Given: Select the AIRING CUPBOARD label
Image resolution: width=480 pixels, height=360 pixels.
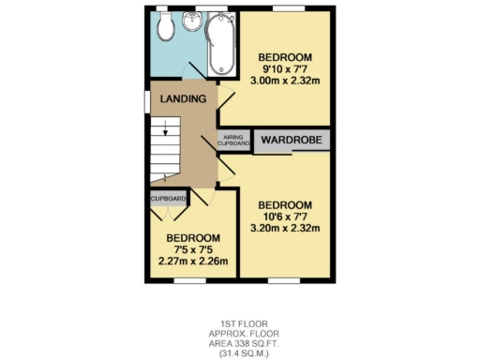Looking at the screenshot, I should pyautogui.click(x=234, y=141).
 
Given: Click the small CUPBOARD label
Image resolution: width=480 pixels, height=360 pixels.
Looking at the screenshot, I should pyautogui.click(x=168, y=199).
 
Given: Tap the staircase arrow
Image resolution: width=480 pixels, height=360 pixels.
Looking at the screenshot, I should pyautogui.click(x=164, y=132).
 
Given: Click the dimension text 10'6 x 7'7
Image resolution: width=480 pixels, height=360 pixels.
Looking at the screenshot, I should pyautogui.click(x=285, y=217).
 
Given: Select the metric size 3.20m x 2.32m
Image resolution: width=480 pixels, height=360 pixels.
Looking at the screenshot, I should pyautogui.click(x=285, y=229).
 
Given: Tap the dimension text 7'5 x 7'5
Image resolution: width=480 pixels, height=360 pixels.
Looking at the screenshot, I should pyautogui.click(x=193, y=249).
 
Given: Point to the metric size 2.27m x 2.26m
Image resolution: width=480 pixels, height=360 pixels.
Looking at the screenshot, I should pyautogui.click(x=193, y=262).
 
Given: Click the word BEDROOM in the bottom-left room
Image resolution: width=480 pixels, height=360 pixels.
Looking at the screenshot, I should pyautogui.click(x=193, y=238).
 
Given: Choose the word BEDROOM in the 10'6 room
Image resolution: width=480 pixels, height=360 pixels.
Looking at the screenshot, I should pyautogui.click(x=285, y=205).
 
